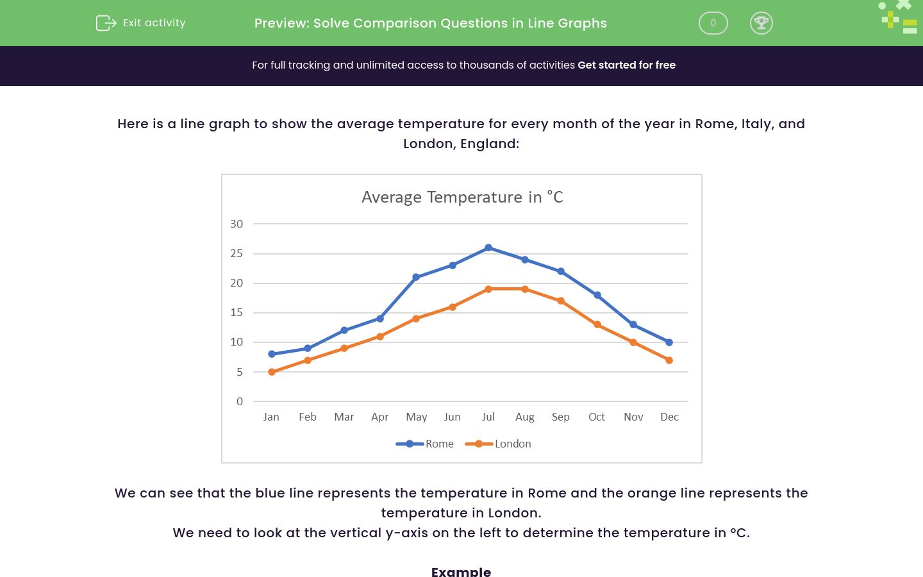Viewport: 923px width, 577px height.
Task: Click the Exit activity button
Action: (141, 23)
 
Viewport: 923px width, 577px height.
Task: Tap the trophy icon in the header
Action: (761, 23)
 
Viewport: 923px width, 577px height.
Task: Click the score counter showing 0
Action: (713, 23)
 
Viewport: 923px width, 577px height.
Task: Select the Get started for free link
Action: (626, 65)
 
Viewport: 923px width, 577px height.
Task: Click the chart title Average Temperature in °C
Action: (462, 197)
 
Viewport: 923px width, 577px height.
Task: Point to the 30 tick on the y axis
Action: (237, 224)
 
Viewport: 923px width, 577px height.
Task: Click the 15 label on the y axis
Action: (237, 312)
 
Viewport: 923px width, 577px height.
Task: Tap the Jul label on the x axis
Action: (488, 417)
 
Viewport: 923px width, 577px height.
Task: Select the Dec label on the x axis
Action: (669, 417)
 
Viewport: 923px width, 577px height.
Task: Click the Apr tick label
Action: (379, 417)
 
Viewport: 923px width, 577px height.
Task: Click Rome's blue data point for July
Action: (488, 247)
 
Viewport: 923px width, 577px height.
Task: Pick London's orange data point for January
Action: (272, 372)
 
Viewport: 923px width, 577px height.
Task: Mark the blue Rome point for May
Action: (416, 277)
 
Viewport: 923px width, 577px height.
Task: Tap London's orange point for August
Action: (525, 289)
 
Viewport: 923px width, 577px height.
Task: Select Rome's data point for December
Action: (669, 342)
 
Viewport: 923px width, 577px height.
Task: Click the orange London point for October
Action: (597, 324)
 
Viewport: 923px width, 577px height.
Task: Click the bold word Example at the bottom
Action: (461, 571)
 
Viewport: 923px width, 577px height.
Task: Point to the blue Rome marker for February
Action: (308, 348)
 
